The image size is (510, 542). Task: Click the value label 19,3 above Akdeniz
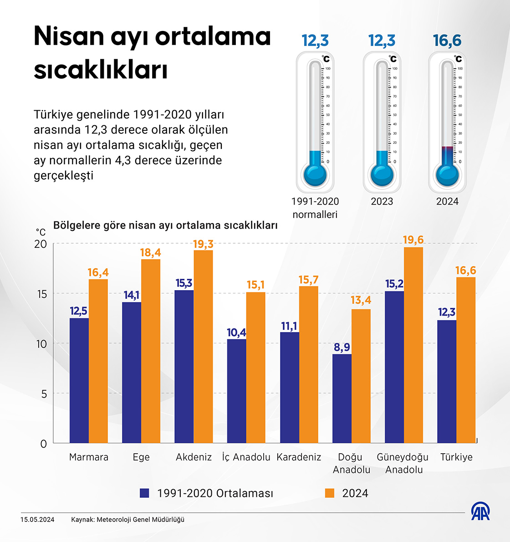[203, 245]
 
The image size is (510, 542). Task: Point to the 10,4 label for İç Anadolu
[236, 332]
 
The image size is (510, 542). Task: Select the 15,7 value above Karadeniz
[308, 280]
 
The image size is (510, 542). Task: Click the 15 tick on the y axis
[41, 294]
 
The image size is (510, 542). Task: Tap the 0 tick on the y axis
[44, 444]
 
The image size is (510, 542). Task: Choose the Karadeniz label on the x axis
[299, 457]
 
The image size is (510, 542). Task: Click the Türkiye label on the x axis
[456, 457]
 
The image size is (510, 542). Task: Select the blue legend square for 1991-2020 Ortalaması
[145, 493]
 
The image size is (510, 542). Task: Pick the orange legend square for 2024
[330, 493]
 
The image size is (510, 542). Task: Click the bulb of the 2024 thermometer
[447, 175]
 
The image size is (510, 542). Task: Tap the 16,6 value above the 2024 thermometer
[447, 41]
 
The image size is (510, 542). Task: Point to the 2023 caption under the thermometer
[382, 201]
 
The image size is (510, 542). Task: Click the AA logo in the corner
[480, 512]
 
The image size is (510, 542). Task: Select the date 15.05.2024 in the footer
[37, 520]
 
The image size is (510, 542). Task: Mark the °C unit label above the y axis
[41, 232]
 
